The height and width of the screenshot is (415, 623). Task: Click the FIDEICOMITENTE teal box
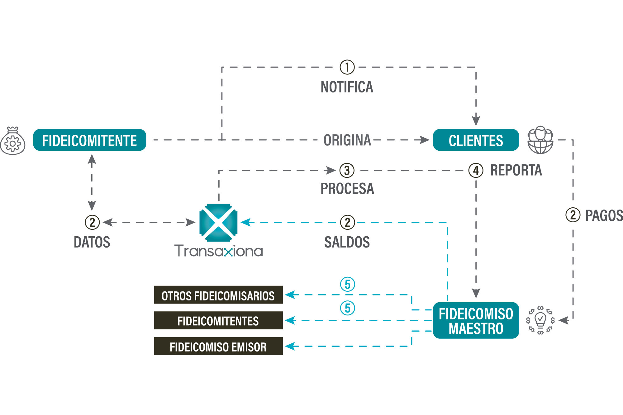(89, 140)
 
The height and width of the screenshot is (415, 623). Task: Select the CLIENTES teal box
(476, 140)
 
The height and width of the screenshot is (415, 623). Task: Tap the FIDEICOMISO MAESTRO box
(476, 320)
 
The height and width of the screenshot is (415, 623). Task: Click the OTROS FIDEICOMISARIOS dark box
(218, 295)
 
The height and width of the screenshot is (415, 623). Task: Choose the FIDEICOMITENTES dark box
(218, 320)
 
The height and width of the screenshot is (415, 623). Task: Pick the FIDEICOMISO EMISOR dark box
(218, 346)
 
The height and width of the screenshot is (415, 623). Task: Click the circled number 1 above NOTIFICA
(347, 67)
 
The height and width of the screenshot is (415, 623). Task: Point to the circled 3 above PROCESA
(347, 171)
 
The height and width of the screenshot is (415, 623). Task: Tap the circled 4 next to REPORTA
(476, 171)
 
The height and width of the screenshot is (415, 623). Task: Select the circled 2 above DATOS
(92, 222)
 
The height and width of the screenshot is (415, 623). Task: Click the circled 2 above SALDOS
(347, 222)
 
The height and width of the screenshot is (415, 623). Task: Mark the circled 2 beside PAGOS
(573, 215)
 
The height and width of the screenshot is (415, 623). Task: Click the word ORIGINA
(347, 140)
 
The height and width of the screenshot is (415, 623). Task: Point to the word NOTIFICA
(347, 87)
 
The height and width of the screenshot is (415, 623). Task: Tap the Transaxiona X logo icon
(218, 223)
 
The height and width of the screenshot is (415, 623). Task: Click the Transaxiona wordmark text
(218, 251)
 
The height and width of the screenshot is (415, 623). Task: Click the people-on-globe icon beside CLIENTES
(540, 140)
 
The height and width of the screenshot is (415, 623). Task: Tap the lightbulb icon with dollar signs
(540, 320)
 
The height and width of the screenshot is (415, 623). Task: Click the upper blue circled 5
(347, 284)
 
